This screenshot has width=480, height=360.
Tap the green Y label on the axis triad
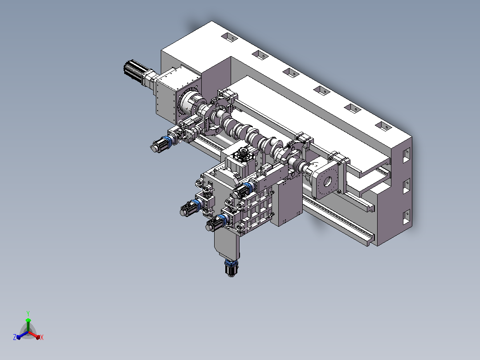(28, 313)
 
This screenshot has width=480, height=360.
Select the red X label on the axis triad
(42, 337)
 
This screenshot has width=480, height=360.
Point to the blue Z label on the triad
(15, 337)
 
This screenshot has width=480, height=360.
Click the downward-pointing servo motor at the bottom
(231, 268)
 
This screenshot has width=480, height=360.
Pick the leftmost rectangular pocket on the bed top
(229, 37)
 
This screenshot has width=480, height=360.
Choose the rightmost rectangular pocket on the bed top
(383, 126)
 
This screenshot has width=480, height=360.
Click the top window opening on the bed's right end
(407, 155)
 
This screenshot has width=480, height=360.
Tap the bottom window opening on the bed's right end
(407, 217)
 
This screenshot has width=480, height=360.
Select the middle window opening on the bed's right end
(407, 186)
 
